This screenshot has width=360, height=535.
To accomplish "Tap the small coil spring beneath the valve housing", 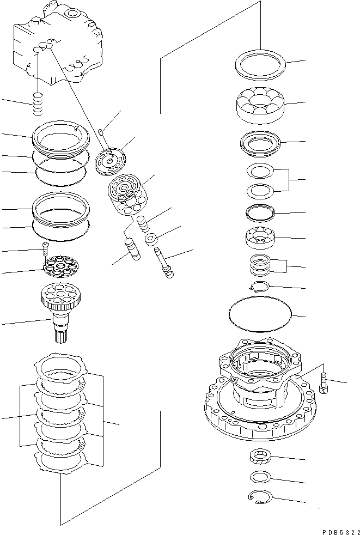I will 37,105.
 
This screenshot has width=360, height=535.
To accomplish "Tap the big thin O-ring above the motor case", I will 260,315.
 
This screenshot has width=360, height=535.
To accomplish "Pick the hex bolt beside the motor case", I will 325,384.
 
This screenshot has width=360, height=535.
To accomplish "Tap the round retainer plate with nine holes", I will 62,266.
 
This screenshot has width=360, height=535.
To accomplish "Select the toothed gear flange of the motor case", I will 256,414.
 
